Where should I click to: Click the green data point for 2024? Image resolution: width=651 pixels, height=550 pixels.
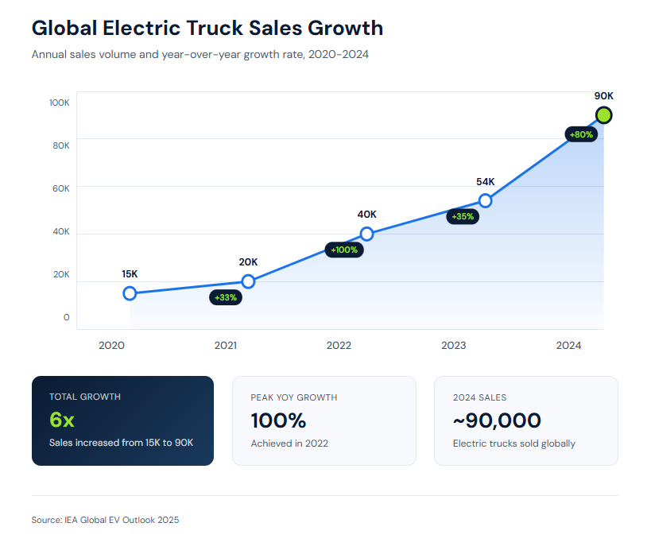(604, 115)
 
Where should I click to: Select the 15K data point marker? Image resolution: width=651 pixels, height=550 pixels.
(130, 293)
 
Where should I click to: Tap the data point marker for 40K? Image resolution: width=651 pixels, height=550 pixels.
(366, 234)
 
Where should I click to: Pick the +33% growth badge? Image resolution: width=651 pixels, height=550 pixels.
(226, 297)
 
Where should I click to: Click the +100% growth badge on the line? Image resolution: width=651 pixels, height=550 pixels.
(345, 250)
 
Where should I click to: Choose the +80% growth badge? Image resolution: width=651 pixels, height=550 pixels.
(582, 134)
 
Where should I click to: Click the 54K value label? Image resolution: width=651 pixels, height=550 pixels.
(486, 181)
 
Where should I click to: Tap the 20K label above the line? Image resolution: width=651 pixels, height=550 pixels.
(248, 261)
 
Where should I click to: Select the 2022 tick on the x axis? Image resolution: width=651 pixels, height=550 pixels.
(339, 346)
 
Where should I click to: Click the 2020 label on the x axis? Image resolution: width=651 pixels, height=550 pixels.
(110, 346)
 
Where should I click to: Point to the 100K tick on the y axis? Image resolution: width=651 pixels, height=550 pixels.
(60, 103)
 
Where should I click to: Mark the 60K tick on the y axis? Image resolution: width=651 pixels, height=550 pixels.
(60, 188)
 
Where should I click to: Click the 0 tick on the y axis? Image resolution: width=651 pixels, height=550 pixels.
(66, 317)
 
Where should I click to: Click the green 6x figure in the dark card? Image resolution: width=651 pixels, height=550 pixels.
(62, 420)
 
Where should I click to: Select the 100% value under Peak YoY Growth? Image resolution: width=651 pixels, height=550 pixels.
(278, 420)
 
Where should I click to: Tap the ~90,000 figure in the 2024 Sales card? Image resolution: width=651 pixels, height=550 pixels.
(497, 420)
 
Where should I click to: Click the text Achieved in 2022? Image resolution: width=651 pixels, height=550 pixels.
(289, 443)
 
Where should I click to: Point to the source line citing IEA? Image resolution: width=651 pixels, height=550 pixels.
(106, 520)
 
